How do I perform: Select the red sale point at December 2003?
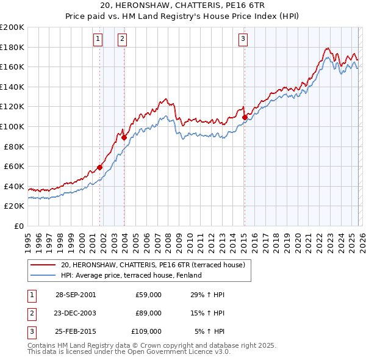coord(124,137)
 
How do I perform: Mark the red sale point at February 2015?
coord(245,117)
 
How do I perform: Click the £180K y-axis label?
coord(12,47)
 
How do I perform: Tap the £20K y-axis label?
coord(14,206)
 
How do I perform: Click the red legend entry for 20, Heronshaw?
coord(152,265)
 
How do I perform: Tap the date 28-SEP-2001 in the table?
coord(76,295)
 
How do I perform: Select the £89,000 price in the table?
coord(148,313)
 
